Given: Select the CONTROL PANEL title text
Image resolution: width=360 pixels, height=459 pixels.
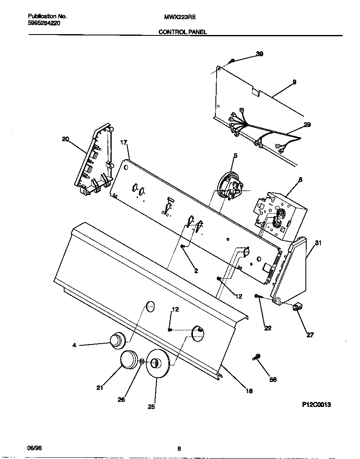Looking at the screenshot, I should (x=182, y=32).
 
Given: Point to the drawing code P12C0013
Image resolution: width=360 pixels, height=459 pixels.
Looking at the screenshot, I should (x=316, y=404).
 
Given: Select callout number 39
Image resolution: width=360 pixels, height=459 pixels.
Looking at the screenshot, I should (x=259, y=54).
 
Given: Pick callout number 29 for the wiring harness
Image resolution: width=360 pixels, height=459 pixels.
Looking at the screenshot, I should (x=307, y=125).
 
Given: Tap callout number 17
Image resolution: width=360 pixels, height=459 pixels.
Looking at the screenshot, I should (x=123, y=142).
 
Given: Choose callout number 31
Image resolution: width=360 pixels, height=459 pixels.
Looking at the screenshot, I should (x=318, y=244).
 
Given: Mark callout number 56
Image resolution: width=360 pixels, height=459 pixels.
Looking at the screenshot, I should (x=273, y=379).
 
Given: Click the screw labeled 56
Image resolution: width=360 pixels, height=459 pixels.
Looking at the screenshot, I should (x=256, y=357).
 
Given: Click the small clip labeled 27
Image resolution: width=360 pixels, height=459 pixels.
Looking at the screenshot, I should (x=297, y=307).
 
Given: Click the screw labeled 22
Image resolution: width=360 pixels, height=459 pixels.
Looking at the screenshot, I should (x=258, y=296).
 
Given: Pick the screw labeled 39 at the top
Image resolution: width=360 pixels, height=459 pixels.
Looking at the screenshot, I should (x=232, y=61).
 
